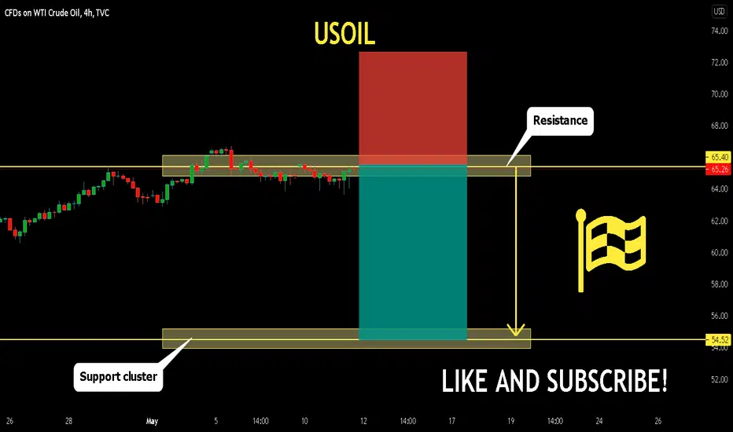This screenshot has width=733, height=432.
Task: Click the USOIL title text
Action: pos(344,34)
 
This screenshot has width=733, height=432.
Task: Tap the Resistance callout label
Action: pos(560,121)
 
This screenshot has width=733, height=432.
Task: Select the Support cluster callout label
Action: pos(118,377)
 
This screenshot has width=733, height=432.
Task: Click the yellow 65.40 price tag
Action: pos(718,157)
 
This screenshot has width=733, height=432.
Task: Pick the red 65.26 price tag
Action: pos(718,169)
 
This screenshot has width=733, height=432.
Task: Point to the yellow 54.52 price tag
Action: pos(718,339)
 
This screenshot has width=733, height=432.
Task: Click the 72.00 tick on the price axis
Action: pos(719,62)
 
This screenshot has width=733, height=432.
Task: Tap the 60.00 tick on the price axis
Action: pos(719,253)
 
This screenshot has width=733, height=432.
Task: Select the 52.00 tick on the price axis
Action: pos(719,379)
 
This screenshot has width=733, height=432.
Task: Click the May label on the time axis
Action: pos(152,421)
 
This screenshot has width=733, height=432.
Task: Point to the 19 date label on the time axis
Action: pos(510,421)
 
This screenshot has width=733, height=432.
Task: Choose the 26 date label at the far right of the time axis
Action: pos(657,421)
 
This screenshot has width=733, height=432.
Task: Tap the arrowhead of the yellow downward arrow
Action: pos(516,331)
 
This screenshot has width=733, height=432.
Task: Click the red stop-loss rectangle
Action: pos(413,108)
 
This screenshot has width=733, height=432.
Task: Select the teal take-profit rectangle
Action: pos(413,252)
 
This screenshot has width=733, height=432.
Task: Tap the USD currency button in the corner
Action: pos(719,11)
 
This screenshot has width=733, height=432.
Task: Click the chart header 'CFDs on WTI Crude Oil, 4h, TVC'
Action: pos(57,13)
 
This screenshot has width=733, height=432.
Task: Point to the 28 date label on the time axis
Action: pos(68,421)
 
